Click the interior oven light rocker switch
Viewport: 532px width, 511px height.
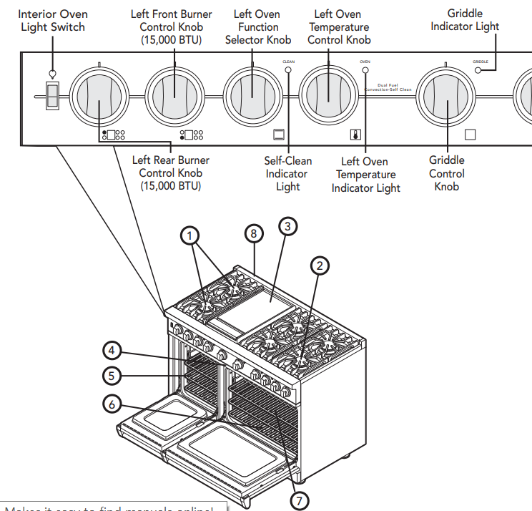[x=51, y=96]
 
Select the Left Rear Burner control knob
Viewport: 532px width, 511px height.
[x=99, y=96]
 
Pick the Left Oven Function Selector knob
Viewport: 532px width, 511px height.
[x=252, y=96]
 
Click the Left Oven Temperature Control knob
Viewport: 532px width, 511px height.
[x=327, y=96]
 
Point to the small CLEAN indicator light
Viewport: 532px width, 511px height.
[x=289, y=70]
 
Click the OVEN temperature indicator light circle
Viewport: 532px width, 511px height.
[x=365, y=70]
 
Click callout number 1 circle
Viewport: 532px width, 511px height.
[x=189, y=234]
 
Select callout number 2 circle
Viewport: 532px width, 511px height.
[x=320, y=266]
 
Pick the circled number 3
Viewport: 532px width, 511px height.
[x=287, y=227]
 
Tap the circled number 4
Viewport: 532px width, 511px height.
[x=112, y=351]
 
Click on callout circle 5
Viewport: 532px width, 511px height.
[x=112, y=374]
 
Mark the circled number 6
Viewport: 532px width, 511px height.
[x=112, y=403]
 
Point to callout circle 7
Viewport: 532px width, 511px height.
[x=300, y=500]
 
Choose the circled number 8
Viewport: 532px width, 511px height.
[x=252, y=233]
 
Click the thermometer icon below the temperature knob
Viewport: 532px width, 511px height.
[x=355, y=134]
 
